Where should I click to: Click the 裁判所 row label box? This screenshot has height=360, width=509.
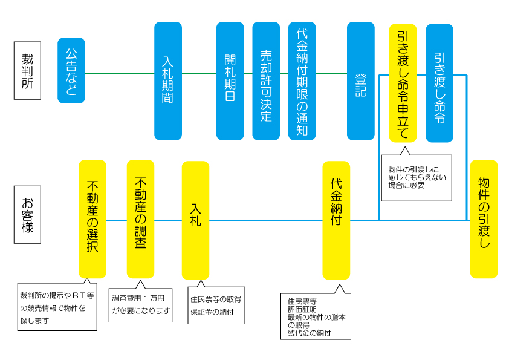click(x=27, y=70)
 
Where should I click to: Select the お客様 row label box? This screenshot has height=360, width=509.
click(x=27, y=214)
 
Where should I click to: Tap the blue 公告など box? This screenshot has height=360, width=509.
click(x=71, y=70)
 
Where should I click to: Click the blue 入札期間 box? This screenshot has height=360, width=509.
click(x=168, y=81)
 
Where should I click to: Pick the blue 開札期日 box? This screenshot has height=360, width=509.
click(x=230, y=81)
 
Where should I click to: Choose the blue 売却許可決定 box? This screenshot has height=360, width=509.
click(x=266, y=81)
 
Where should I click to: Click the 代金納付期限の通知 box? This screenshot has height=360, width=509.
click(x=302, y=81)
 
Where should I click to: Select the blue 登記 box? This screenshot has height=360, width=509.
click(x=361, y=81)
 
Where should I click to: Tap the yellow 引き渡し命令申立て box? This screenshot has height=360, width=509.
click(x=403, y=82)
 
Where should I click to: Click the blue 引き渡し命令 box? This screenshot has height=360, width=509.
click(x=439, y=83)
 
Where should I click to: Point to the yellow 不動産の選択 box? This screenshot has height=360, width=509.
click(x=92, y=218)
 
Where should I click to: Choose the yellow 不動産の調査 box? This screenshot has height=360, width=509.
click(x=140, y=218)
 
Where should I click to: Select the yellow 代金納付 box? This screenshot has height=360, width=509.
click(x=336, y=220)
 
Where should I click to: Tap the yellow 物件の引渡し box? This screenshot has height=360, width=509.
click(x=484, y=218)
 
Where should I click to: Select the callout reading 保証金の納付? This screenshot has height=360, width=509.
click(x=216, y=306)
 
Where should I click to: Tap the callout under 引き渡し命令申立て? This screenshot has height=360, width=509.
click(x=416, y=177)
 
